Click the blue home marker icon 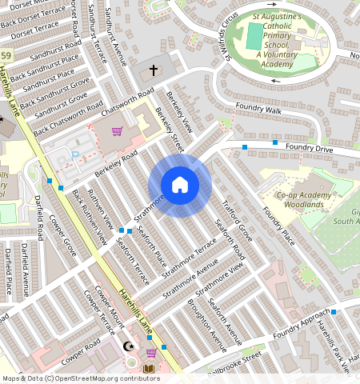pos(180,186)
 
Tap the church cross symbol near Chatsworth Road pos(154,70)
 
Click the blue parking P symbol pos(77,154)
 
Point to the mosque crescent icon pos(129,347)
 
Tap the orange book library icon pos(148,369)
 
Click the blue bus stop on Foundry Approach pos(334,311)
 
